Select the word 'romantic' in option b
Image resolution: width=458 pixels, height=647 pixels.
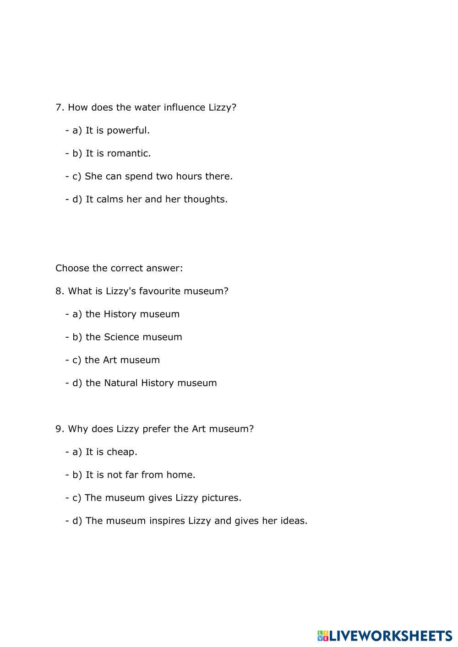coord(129,153)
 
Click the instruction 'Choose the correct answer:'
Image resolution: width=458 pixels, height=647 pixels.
coord(119,268)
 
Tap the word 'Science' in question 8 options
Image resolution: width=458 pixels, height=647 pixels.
coord(121,337)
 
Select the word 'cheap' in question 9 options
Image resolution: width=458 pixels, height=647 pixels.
coord(121,452)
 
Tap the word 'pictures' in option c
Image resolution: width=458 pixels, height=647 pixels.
coord(222,498)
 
